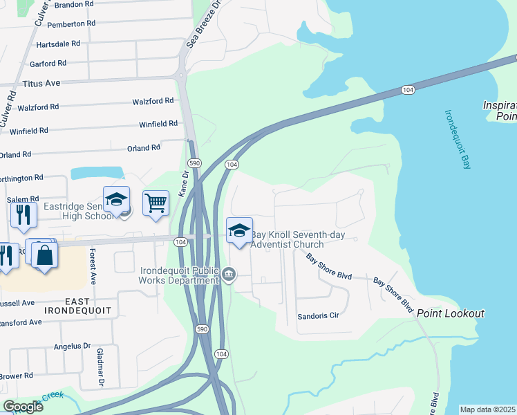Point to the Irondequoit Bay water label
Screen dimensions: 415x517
pyautogui.click(x=456, y=138)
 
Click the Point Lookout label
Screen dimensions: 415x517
pyautogui.click(x=451, y=313)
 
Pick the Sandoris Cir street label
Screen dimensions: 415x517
pyautogui.click(x=318, y=315)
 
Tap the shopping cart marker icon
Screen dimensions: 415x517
pyautogui.click(x=156, y=203)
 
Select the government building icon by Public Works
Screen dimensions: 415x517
pyautogui.click(x=229, y=276)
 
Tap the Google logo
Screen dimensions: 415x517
pyautogui.click(x=23, y=406)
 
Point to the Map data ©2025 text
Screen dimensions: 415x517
pyautogui.click(x=488, y=409)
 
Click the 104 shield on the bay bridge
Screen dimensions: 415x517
pyautogui.click(x=408, y=90)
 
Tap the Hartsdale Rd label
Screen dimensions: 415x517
pyautogui.click(x=58, y=43)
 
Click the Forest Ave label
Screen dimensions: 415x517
pyautogui.click(x=92, y=267)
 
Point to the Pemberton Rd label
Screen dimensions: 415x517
pyautogui.click(x=72, y=24)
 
